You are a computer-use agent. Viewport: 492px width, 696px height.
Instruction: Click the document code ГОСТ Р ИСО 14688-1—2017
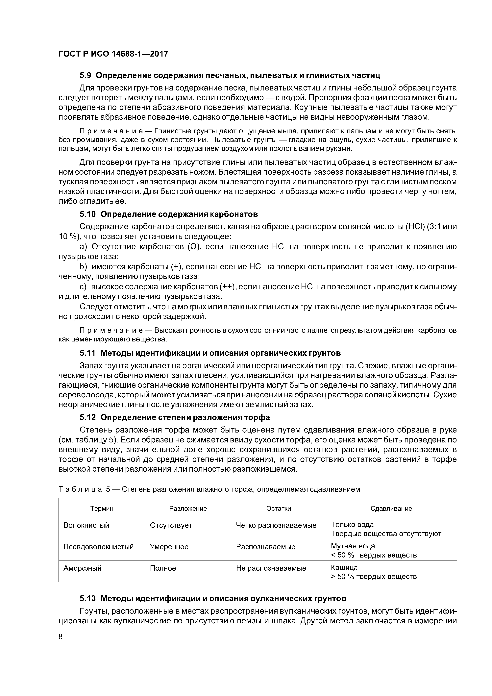pos(113,54)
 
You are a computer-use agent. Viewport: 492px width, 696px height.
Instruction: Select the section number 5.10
pos(88,214)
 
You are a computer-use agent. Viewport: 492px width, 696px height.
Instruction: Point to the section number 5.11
pos(88,353)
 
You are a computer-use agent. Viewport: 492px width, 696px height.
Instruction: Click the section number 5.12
pos(88,417)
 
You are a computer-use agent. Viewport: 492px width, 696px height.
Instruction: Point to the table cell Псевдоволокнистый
pos(99,547)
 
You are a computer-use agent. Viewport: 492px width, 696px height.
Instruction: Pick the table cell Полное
pos(163,568)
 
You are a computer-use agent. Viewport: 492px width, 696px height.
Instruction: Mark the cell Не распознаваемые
pos(271,568)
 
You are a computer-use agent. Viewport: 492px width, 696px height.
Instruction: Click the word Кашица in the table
pos(344,567)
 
